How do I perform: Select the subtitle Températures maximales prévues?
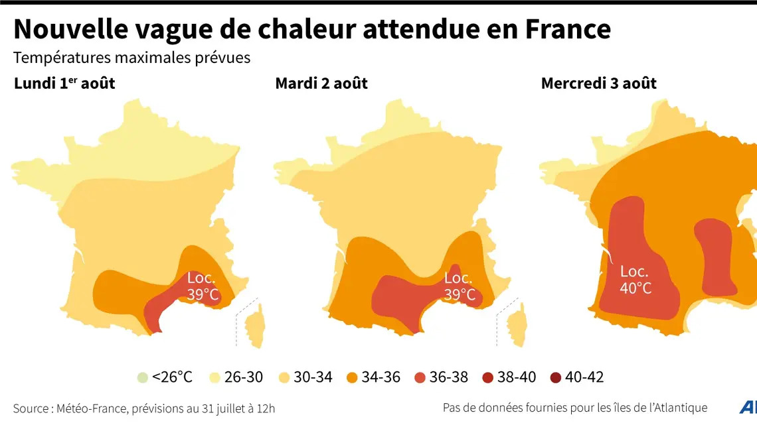pyautogui.click(x=132, y=58)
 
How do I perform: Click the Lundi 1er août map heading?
pyautogui.click(x=66, y=84)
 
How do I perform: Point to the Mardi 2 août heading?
pyautogui.click(x=321, y=84)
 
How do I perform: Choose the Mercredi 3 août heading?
pyautogui.click(x=598, y=84)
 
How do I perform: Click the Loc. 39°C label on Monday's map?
pyautogui.click(x=202, y=286)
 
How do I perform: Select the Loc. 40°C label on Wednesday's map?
pyautogui.click(x=635, y=280)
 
